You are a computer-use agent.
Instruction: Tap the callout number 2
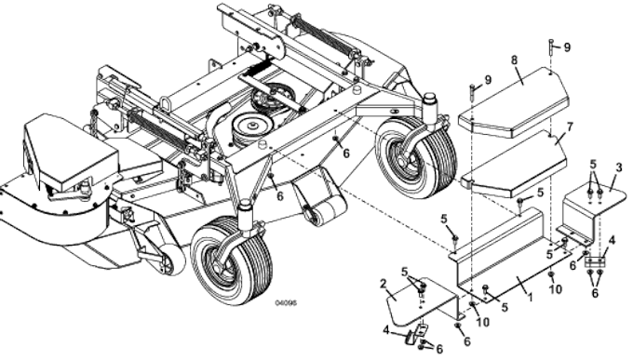click(383, 282)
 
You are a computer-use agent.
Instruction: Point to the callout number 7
click(570, 126)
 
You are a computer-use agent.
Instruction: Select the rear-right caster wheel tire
click(413, 155)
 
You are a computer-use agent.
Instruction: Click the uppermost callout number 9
click(567, 47)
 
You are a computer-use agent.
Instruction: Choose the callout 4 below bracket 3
click(610, 240)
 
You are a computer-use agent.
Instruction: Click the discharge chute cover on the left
click(70, 153)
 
